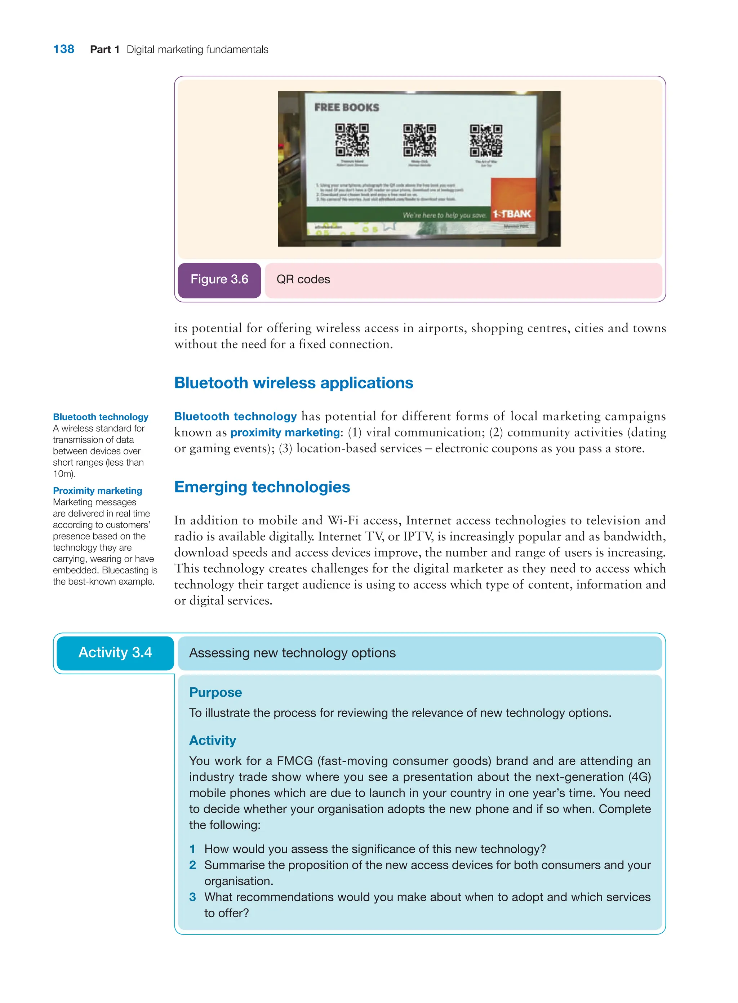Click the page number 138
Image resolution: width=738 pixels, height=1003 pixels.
click(x=63, y=49)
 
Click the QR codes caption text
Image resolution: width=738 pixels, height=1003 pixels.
click(x=303, y=280)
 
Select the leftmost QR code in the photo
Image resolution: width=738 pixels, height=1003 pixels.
click(x=352, y=140)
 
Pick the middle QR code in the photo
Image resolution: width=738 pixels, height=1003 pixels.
click(x=419, y=140)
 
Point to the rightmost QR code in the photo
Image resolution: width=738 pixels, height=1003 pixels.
click(x=486, y=140)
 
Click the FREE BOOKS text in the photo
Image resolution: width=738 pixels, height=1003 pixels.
click(x=347, y=108)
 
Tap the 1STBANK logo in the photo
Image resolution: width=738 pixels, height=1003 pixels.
click(x=512, y=214)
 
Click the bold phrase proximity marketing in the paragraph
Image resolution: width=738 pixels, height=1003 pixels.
click(x=285, y=432)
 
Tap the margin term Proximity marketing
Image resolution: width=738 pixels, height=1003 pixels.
click(x=97, y=491)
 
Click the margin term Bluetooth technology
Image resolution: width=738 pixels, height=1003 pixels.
click(x=101, y=417)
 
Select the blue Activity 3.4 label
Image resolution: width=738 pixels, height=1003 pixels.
click(x=115, y=653)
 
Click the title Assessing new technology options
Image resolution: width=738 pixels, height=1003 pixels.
click(x=292, y=653)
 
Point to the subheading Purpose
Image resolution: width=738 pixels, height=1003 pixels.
click(x=215, y=692)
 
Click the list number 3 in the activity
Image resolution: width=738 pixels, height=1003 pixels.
click(x=192, y=897)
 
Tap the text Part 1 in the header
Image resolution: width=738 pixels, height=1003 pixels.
click(x=105, y=50)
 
